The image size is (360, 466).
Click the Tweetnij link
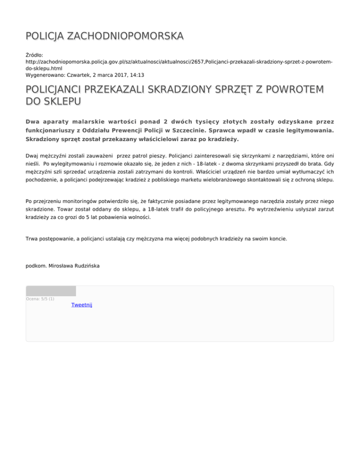tap(82, 305)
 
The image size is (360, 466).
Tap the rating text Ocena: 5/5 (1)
tap(40, 299)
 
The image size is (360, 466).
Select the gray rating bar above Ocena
tap(51, 291)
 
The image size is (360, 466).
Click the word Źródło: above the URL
tap(35, 55)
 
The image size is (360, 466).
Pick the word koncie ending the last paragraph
tap(276, 239)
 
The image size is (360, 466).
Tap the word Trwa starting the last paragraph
tap(32, 239)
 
